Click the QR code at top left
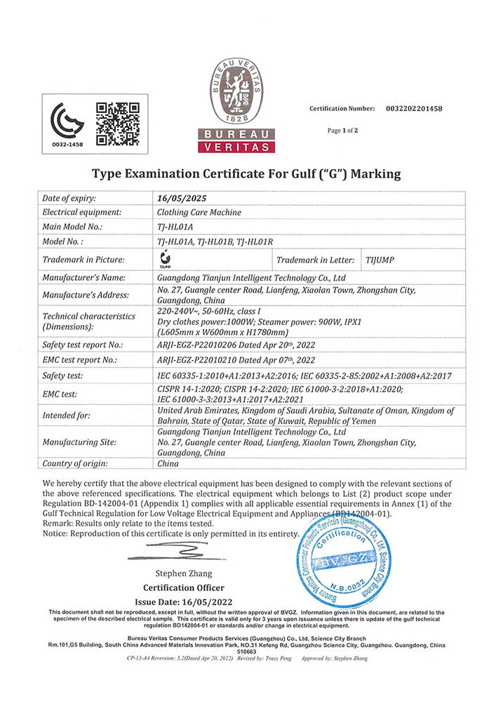point(117,124)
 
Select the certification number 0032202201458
point(414,109)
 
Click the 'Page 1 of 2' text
point(342,131)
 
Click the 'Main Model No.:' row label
point(73,226)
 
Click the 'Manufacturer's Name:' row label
point(83,278)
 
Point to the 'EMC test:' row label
point(64,395)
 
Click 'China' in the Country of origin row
point(168,463)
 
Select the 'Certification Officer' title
point(184,588)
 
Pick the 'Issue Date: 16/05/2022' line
point(185,602)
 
